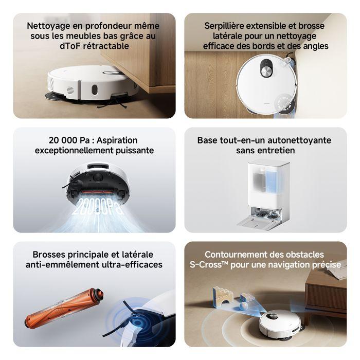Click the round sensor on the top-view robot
266,69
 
